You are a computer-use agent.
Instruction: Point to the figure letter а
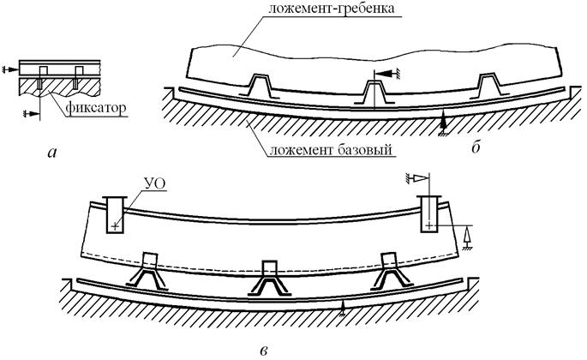click(53, 153)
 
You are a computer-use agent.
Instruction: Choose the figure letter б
click(476, 152)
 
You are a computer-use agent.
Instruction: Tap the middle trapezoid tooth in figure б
click(373, 89)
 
